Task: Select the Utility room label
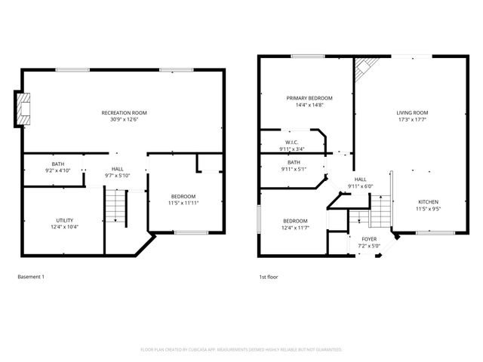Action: tap(64, 220)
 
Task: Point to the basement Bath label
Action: tap(58, 164)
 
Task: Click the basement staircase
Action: tap(115, 206)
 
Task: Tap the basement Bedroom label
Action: tap(183, 196)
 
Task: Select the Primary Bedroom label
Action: tap(309, 98)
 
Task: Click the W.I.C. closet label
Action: tap(292, 142)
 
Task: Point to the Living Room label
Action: tap(412, 112)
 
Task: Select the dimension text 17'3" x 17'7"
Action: tap(412, 119)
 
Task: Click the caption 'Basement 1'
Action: tap(31, 277)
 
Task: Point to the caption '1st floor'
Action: tap(268, 277)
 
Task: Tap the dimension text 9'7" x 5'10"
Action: tap(118, 176)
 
